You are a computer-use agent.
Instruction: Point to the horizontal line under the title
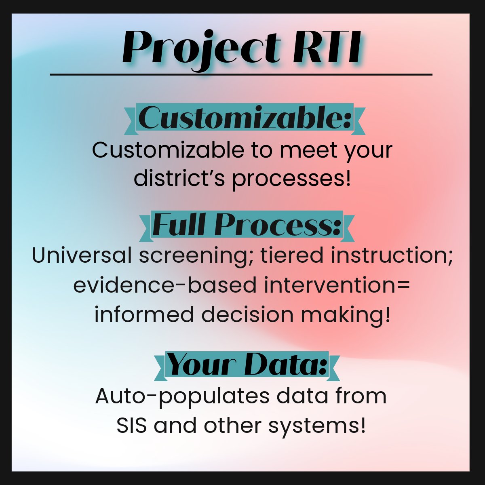point(241,75)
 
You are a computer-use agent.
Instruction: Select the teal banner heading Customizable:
point(245,118)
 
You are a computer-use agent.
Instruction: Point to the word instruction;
point(392,255)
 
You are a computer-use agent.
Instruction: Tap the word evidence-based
point(165,285)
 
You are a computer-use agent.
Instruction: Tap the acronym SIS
point(132,426)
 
